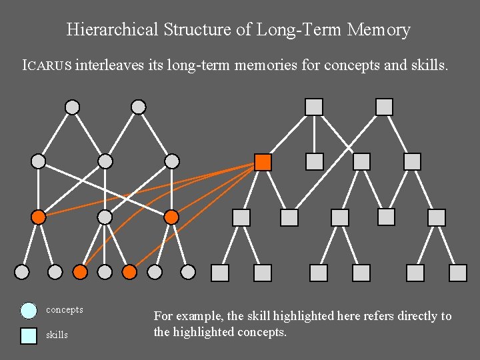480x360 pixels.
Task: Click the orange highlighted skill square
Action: point(263,162)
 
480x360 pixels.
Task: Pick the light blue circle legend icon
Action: point(28,310)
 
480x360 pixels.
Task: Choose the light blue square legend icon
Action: point(28,335)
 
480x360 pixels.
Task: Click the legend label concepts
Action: point(65,310)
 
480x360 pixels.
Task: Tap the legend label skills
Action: point(57,335)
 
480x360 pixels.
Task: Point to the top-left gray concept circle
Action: point(72,107)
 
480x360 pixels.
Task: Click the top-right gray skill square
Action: point(384,107)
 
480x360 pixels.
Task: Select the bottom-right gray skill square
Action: point(458,273)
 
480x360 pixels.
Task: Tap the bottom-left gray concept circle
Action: point(22,272)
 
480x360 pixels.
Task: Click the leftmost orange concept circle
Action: point(39,217)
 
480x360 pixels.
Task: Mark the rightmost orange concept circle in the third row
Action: point(171,217)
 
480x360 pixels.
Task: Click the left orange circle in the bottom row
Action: point(80,272)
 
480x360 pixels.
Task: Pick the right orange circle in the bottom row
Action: point(130,272)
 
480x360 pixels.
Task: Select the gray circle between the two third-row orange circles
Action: point(105,217)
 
